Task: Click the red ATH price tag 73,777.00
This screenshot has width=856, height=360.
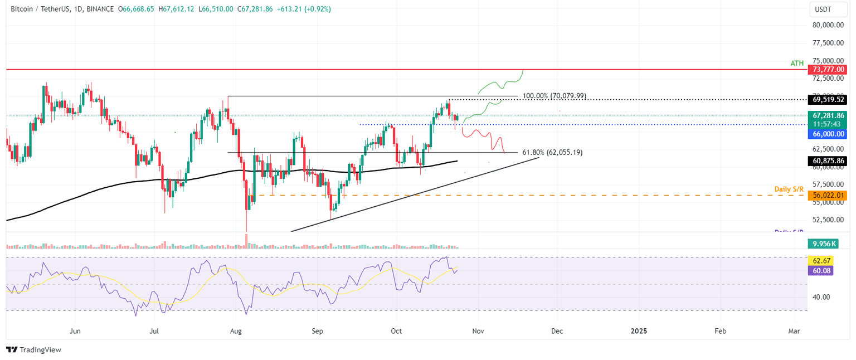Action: (x=827, y=69)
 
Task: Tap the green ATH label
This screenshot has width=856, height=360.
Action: (x=797, y=64)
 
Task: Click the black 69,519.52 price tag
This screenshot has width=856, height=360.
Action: (x=827, y=100)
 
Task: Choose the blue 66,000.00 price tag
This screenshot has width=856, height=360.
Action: (x=827, y=134)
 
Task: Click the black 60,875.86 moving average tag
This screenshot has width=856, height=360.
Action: (x=827, y=161)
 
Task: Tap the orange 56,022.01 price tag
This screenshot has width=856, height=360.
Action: (x=827, y=196)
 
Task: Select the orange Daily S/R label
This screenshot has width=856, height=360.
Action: (x=789, y=189)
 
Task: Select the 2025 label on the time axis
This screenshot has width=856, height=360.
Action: (x=639, y=331)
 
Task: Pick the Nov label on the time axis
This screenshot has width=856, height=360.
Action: (x=477, y=331)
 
